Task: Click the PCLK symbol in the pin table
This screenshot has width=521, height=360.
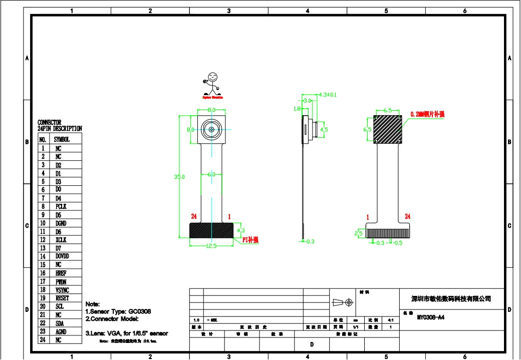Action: click(61, 206)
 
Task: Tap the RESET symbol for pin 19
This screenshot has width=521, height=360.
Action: click(62, 298)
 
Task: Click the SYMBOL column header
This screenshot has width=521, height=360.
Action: click(62, 140)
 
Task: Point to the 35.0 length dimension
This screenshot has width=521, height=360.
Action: click(179, 177)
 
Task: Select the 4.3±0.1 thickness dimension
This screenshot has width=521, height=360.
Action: click(328, 94)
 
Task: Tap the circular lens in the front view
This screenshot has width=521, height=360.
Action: click(211, 129)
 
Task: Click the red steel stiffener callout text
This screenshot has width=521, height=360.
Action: click(427, 114)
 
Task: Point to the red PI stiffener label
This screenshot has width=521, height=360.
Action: click(250, 240)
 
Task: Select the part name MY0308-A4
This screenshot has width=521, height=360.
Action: click(430, 317)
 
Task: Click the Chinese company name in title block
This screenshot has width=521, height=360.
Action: click(451, 299)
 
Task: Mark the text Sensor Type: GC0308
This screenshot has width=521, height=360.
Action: click(118, 311)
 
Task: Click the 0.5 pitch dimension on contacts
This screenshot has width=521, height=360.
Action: click(398, 243)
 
